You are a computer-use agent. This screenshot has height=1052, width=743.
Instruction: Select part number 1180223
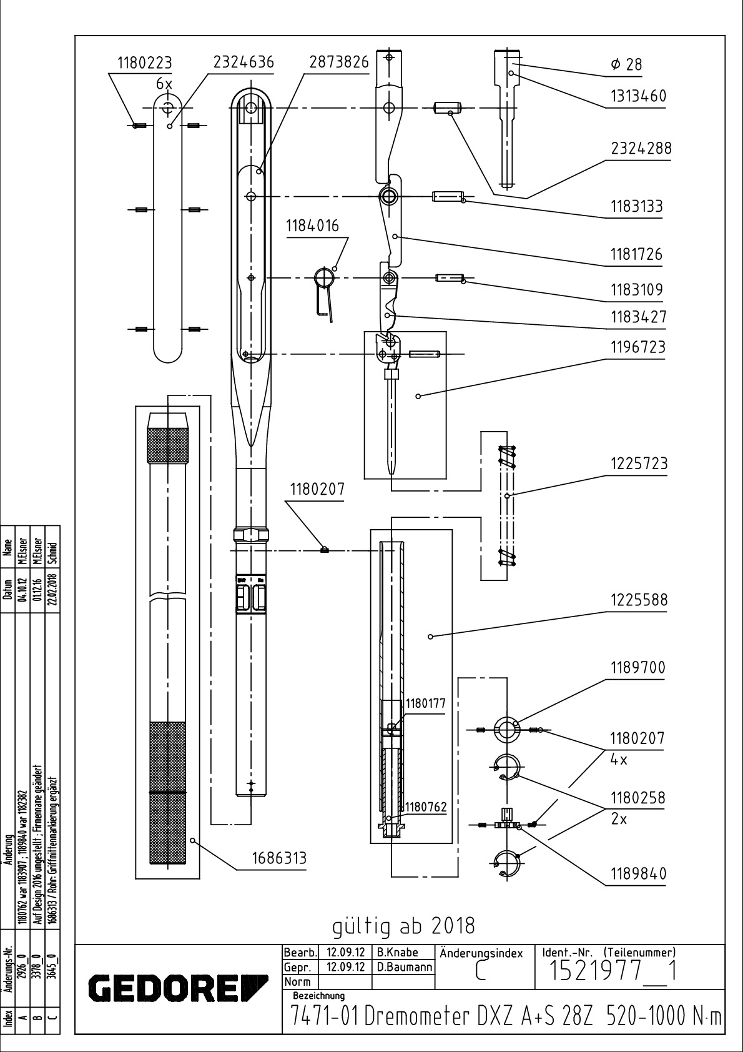(144, 62)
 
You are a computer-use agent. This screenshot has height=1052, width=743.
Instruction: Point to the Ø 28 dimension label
(626, 64)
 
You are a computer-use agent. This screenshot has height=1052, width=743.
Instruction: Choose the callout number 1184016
(313, 226)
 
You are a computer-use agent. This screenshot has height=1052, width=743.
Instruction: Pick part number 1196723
(637, 347)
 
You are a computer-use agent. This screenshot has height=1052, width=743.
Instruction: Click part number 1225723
(638, 464)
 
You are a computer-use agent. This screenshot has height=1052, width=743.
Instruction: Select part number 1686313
(279, 858)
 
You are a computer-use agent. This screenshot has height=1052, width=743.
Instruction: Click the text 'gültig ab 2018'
(403, 925)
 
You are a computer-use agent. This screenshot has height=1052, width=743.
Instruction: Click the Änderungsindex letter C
(480, 973)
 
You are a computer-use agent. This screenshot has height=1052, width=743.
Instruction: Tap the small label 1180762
(426, 807)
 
